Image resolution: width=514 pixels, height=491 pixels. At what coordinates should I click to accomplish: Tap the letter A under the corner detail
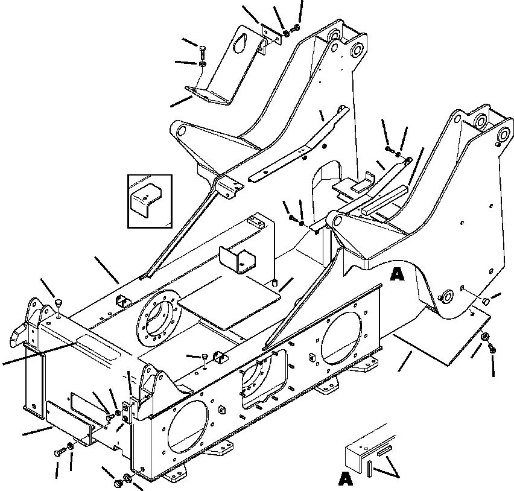pos(345,479)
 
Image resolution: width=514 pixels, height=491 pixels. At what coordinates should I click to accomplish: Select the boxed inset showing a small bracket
pos(150,201)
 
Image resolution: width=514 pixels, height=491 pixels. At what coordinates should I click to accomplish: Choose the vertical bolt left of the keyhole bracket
pos(202,51)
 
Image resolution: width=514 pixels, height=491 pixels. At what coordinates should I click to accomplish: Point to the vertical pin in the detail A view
pos(369,466)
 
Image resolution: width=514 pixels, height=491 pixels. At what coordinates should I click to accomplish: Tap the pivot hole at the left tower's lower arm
pos(182,128)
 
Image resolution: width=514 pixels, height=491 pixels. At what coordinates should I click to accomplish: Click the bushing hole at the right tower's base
pos(447,297)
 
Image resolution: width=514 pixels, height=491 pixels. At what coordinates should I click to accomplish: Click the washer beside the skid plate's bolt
pos(486,338)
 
